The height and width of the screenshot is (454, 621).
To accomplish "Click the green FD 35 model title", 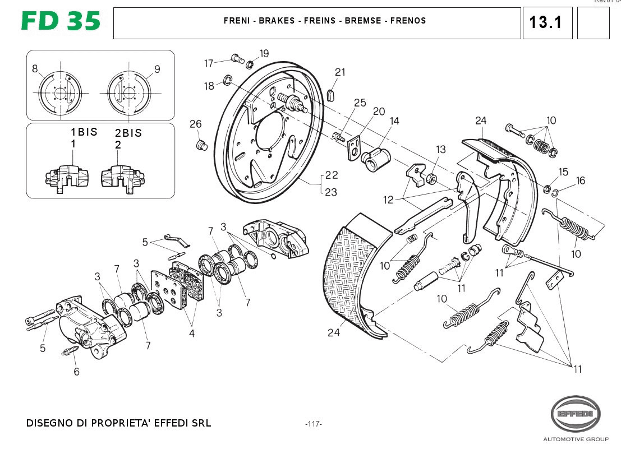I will pos(61,21).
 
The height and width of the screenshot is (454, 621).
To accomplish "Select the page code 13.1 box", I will pos(547,23).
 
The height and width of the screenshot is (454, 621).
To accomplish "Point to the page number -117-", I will pos(314,424).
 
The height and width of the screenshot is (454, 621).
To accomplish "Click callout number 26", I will pos(195,124).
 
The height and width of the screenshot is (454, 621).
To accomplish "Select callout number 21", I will pos(341,72).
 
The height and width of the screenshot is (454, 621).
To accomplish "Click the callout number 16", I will pos(580,180).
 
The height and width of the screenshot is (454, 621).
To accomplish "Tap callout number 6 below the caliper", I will pos(76,371).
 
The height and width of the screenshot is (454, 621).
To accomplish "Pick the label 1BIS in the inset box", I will pos(84,132).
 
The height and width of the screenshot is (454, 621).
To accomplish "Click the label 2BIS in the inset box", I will pos(128,133).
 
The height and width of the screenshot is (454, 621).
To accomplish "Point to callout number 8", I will pos(35,69).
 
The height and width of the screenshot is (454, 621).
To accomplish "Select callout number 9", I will pos(157,69).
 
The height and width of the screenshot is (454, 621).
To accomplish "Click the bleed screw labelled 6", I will pos(68,353).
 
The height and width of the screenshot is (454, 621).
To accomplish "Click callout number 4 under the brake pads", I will pos(192,333).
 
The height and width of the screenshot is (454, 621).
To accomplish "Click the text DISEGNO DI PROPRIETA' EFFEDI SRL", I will pos(118,423).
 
